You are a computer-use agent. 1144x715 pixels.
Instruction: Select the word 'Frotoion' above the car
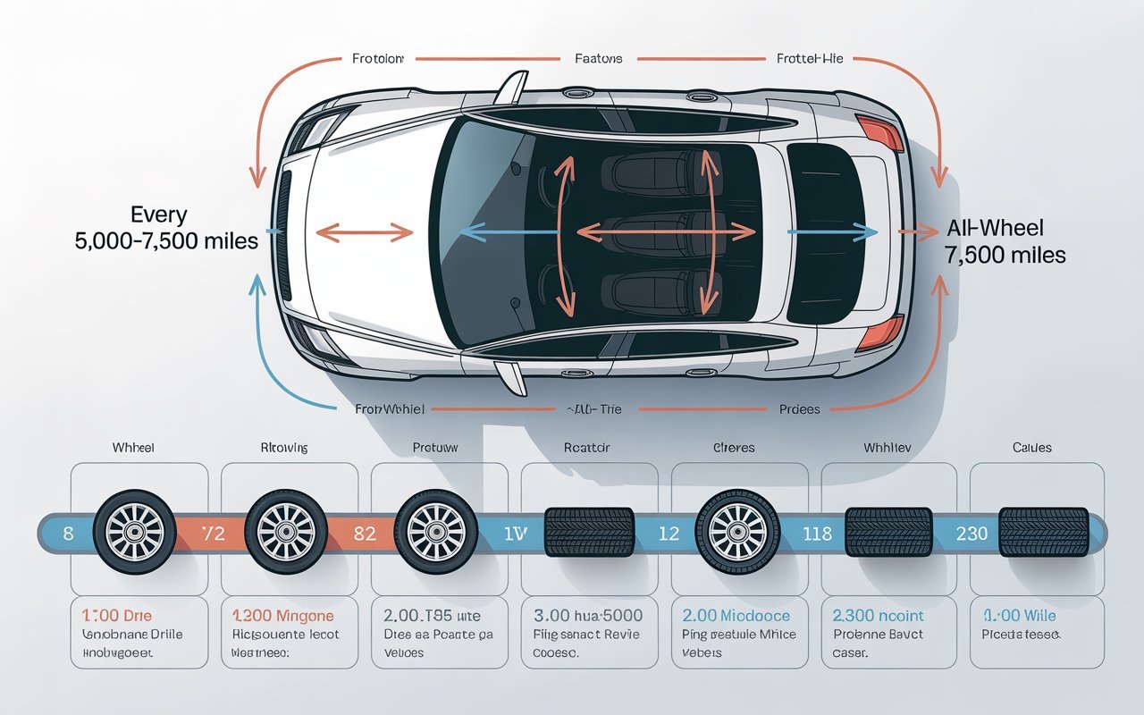pyautogui.click(x=372, y=59)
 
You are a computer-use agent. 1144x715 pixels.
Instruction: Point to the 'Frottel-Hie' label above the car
pyautogui.click(x=810, y=59)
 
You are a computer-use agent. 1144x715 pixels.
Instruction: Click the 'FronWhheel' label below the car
pyautogui.click(x=390, y=409)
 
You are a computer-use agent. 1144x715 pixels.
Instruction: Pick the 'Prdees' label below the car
pyautogui.click(x=799, y=409)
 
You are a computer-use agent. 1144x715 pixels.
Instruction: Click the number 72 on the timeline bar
pyautogui.click(x=214, y=534)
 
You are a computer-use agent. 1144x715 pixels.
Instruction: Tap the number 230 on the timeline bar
pyautogui.click(x=972, y=534)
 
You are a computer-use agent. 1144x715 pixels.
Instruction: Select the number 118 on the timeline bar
pyautogui.click(x=817, y=534)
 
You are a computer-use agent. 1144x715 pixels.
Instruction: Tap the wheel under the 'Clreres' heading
pyautogui.click(x=733, y=532)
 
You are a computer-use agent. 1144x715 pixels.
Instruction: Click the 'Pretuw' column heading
pyautogui.click(x=434, y=448)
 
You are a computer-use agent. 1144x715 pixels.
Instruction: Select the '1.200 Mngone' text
pyautogui.click(x=282, y=616)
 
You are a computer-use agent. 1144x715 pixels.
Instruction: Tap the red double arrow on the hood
pyautogui.click(x=365, y=234)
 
